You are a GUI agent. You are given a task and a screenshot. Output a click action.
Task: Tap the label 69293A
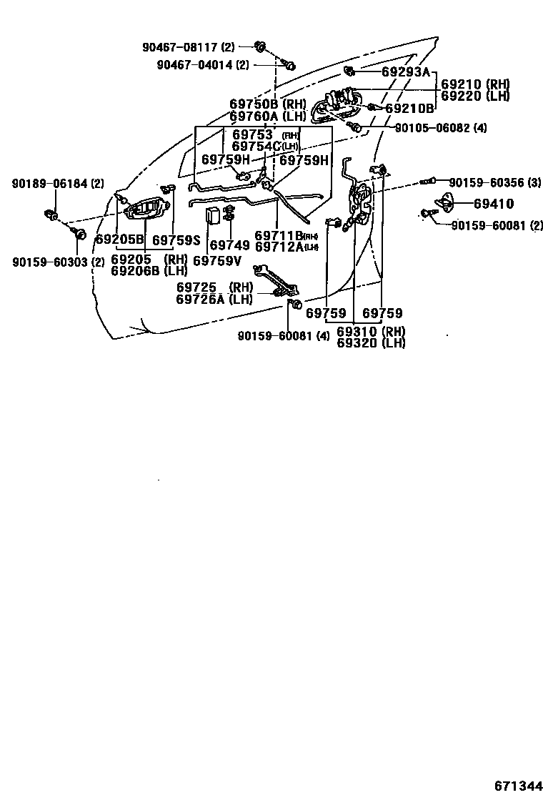406,71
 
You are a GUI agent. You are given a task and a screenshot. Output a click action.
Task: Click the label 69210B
409,109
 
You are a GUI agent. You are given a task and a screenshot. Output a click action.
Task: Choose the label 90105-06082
441,128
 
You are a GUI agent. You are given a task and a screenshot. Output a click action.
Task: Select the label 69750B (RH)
267,104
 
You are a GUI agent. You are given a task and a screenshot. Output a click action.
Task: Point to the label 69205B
119,240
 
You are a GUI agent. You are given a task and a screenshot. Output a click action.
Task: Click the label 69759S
176,240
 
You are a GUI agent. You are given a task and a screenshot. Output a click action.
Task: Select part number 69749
230,245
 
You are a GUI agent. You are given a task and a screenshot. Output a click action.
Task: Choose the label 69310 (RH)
371,332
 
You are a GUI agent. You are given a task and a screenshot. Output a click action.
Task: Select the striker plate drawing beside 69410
445,203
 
